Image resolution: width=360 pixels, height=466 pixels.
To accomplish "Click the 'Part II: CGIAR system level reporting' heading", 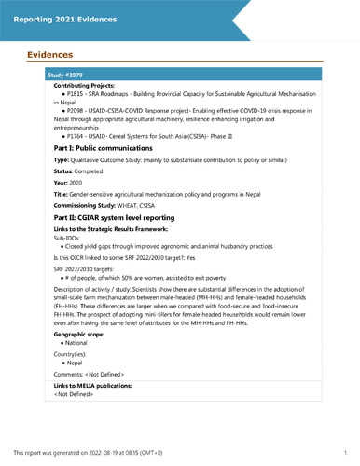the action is (x=104, y=218).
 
